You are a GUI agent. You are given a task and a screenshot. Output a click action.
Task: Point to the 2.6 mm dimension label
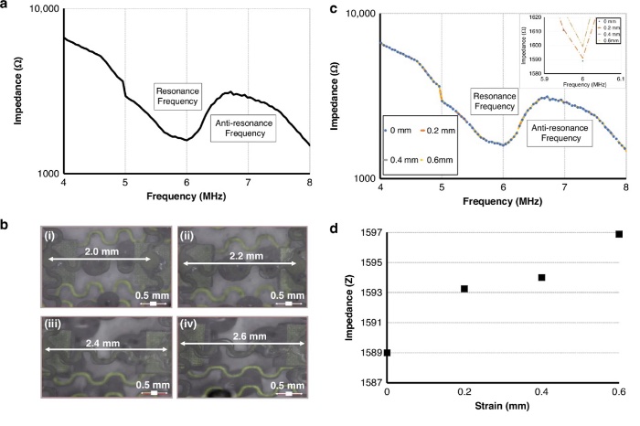click(x=239, y=337)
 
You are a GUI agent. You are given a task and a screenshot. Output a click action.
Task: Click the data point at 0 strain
click(x=388, y=352)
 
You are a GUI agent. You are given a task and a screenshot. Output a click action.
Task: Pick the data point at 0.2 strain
click(x=464, y=289)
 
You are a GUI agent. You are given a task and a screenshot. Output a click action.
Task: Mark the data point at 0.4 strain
click(x=542, y=277)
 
